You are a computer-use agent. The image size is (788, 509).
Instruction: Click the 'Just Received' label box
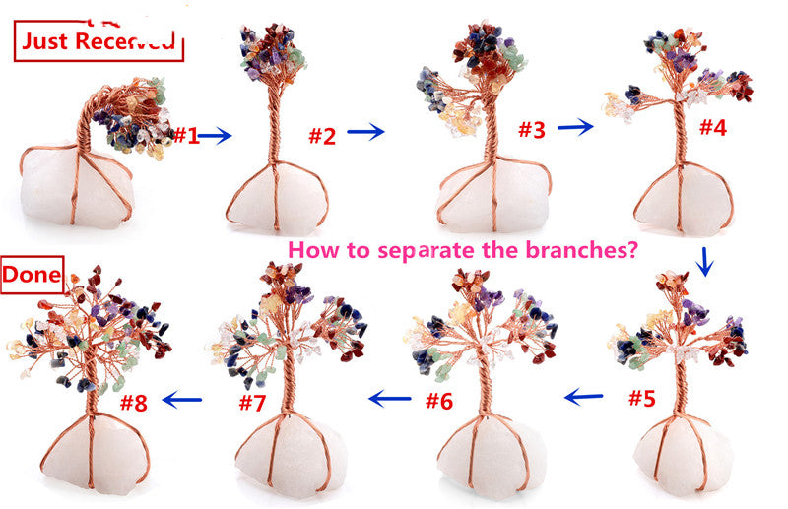tap(98, 40)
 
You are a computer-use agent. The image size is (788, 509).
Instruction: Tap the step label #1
tap(186, 136)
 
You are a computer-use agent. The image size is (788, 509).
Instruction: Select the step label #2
tap(322, 136)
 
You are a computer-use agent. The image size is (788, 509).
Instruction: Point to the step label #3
tap(533, 129)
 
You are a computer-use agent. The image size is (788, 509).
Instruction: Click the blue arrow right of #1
tap(217, 136)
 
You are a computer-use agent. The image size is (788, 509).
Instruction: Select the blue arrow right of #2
tap(365, 132)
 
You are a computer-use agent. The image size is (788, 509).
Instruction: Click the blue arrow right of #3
tap(574, 126)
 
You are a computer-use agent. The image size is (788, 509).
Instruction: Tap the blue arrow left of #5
tap(584, 397)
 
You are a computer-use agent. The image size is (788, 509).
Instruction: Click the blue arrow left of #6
tap(389, 399)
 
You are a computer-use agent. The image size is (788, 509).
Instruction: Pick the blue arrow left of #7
tap(182, 400)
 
